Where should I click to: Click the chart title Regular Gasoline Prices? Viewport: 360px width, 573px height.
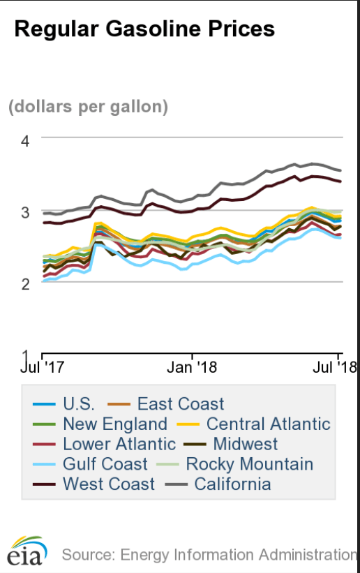pyautogui.click(x=144, y=29)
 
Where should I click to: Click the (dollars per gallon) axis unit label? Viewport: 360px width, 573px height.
pyautogui.click(x=89, y=107)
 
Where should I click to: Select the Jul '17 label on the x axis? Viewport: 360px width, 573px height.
pyautogui.click(x=44, y=365)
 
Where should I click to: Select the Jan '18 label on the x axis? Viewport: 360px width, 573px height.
pyautogui.click(x=193, y=365)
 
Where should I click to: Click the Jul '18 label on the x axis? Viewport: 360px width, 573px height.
pyautogui.click(x=339, y=365)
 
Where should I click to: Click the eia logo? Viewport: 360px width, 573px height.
pyautogui.click(x=28, y=551)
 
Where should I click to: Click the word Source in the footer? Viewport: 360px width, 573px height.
pyautogui.click(x=85, y=555)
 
